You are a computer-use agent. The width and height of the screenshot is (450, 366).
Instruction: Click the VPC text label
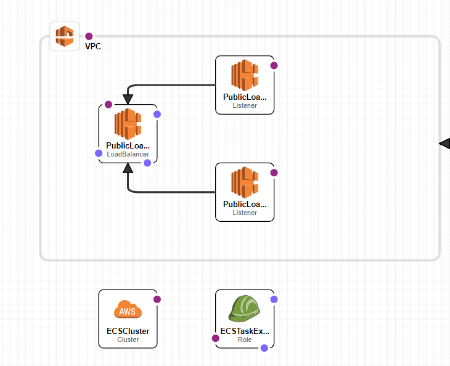(93, 46)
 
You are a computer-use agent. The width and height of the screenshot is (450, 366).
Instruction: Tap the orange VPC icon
(65, 36)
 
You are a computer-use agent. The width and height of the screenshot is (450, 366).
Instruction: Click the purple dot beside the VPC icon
(89, 36)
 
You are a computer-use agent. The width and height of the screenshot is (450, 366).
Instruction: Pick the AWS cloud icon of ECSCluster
(128, 309)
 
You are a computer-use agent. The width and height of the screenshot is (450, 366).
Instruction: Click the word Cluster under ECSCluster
(128, 340)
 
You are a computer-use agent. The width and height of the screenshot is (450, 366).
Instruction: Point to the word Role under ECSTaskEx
(245, 340)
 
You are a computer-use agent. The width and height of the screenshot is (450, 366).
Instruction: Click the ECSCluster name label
(128, 331)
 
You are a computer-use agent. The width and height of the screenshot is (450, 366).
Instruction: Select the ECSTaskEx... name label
(245, 331)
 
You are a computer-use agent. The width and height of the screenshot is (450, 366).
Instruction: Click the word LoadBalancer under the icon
(128, 154)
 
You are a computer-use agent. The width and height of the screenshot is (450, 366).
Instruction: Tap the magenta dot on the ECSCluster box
(157, 299)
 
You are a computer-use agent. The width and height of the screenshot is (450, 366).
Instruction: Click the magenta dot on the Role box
(216, 338)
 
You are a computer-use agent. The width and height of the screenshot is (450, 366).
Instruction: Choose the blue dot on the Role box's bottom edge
(264, 348)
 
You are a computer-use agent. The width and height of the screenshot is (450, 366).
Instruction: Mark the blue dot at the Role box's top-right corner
(274, 299)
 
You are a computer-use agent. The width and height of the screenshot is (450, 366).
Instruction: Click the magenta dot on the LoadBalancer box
(108, 105)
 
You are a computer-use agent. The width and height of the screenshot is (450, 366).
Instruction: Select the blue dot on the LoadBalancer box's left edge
(99, 153)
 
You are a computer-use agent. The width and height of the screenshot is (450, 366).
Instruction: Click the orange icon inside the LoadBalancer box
(128, 123)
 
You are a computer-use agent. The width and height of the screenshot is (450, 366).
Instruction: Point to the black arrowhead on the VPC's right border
(444, 144)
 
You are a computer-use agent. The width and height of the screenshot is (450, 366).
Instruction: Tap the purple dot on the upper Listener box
(274, 65)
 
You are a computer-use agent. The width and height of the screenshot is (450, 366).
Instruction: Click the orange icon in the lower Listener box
(245, 182)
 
